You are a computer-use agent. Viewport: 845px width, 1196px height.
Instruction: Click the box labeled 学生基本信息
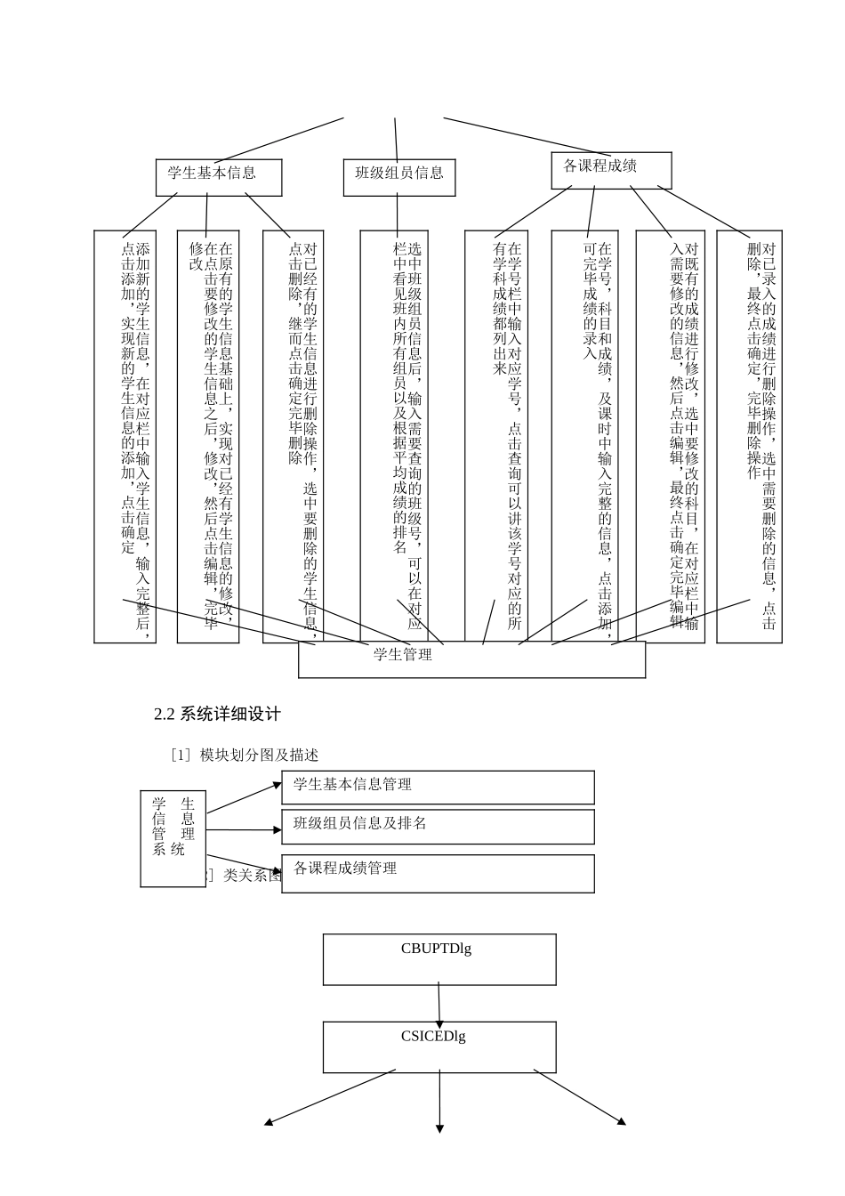click(x=219, y=177)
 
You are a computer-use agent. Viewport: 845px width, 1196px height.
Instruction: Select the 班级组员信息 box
click(x=399, y=177)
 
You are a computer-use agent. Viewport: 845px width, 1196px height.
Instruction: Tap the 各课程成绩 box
click(x=611, y=170)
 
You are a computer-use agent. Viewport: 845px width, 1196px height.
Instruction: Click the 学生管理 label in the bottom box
click(x=403, y=655)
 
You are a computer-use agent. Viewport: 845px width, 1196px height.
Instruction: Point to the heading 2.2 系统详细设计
click(x=217, y=714)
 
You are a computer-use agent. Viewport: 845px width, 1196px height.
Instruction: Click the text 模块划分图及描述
click(x=259, y=755)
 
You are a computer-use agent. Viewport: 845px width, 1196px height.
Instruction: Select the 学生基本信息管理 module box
click(x=438, y=788)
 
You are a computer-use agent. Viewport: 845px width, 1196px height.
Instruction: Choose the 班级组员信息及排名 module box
click(x=438, y=827)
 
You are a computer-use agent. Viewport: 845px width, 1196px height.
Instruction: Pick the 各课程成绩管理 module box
click(x=438, y=873)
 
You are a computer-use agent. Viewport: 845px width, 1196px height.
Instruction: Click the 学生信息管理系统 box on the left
click(x=173, y=838)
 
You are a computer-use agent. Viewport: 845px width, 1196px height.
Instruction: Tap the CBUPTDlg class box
click(x=439, y=959)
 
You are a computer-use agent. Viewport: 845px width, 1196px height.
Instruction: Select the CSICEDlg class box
click(x=439, y=1046)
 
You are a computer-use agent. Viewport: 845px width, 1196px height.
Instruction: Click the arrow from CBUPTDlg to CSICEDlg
click(x=439, y=1003)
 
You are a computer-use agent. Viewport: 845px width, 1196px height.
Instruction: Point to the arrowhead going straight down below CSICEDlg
click(x=439, y=1128)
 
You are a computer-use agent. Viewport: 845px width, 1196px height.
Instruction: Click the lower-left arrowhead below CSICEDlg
click(x=269, y=1122)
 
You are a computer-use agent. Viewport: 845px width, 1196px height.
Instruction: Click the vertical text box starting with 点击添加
click(x=125, y=436)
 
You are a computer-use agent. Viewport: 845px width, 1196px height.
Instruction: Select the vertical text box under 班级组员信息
click(x=394, y=436)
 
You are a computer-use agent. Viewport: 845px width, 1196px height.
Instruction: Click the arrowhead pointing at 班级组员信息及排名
click(x=277, y=830)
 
